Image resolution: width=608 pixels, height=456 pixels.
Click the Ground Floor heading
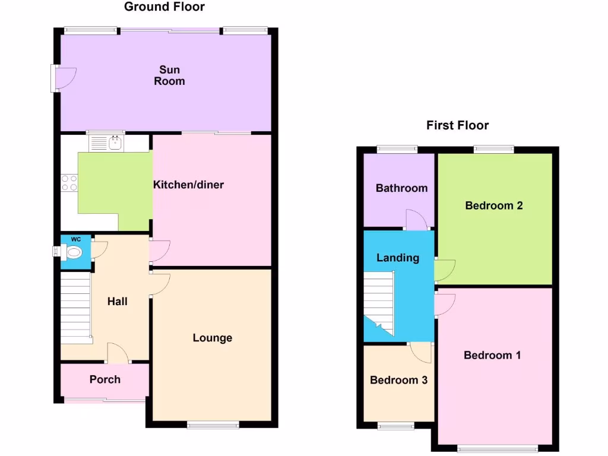click(164, 7)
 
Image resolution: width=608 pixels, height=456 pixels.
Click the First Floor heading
click(457, 125)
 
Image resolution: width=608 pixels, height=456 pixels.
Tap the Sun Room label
click(169, 76)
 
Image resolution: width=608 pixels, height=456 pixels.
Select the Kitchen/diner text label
click(189, 185)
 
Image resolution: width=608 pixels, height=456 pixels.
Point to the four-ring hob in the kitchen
click(69, 182)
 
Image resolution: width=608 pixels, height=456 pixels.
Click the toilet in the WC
click(72, 252)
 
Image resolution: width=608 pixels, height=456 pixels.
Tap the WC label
click(75, 239)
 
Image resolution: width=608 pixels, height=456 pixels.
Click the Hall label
click(117, 302)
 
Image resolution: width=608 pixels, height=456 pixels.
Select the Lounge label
click(212, 338)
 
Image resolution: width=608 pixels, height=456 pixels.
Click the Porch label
click(104, 379)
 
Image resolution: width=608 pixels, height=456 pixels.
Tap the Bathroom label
click(401, 188)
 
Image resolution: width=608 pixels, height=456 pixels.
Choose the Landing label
click(398, 258)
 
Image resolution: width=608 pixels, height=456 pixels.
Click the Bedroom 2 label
click(493, 205)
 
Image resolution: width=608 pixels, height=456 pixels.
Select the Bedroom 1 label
click(492, 355)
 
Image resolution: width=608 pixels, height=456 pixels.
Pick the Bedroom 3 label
click(398, 380)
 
